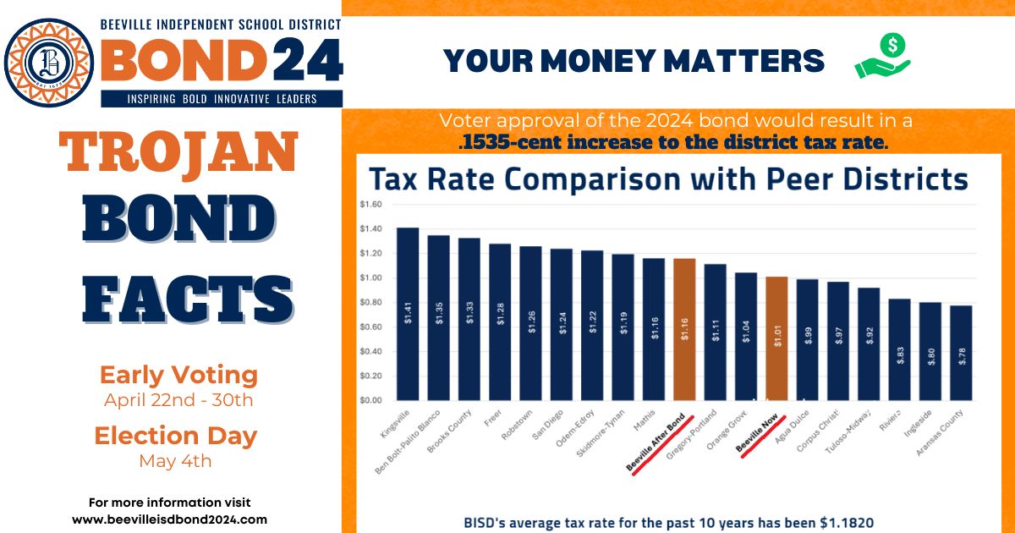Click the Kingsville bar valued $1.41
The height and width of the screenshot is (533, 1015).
[408, 314]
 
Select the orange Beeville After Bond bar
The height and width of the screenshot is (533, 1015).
[684, 329]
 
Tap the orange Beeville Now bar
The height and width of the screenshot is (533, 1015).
[776, 338]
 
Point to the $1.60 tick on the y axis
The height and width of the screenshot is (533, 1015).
[371, 205]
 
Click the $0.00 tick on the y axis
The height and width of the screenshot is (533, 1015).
[371, 400]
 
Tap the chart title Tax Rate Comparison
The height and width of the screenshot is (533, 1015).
[667, 179]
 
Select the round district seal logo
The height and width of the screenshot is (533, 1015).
[48, 63]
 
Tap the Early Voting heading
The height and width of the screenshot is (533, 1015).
[178, 375]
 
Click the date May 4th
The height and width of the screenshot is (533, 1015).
[175, 461]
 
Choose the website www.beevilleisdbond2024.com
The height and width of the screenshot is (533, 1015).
[169, 519]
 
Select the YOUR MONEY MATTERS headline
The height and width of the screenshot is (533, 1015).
[634, 61]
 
